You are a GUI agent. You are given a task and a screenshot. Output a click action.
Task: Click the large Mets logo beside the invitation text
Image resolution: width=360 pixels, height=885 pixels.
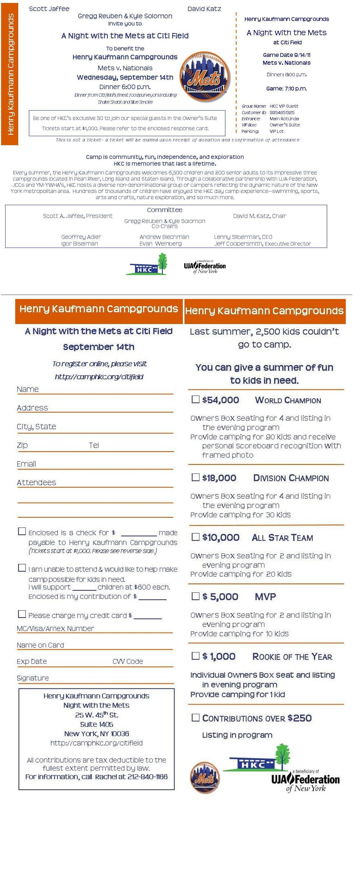click(205, 77)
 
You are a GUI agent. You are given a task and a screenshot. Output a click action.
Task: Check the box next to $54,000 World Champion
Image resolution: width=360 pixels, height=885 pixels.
click(196, 399)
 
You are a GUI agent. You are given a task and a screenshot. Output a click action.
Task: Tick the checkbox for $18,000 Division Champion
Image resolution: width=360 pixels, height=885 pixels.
click(196, 477)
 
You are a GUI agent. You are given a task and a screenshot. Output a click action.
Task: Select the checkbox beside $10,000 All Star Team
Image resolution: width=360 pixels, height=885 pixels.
click(196, 537)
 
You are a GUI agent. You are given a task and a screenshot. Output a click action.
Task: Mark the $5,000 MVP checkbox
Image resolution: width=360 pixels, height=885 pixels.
click(196, 596)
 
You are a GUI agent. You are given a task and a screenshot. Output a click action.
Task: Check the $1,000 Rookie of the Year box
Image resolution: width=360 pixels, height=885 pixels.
click(196, 656)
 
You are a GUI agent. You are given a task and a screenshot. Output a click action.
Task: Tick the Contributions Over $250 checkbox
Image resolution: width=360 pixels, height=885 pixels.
click(196, 717)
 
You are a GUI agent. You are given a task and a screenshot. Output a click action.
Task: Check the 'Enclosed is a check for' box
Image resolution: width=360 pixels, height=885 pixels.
click(22, 532)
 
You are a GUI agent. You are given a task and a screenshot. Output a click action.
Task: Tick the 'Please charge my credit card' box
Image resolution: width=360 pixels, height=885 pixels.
click(22, 614)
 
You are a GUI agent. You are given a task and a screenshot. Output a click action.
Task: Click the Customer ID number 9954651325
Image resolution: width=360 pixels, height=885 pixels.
click(282, 112)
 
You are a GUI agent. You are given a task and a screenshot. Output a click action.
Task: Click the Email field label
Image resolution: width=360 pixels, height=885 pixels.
click(27, 464)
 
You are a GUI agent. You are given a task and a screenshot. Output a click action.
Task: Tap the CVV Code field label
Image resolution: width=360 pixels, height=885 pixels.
click(127, 661)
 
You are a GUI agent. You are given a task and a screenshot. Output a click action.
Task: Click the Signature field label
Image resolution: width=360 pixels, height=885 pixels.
click(33, 678)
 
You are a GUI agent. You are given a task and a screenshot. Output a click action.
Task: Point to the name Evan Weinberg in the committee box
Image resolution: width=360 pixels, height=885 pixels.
click(160, 244)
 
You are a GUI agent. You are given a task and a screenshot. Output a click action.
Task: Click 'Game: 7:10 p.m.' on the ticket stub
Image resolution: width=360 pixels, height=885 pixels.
click(286, 89)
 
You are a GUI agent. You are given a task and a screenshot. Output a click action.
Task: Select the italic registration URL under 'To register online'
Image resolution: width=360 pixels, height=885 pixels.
click(99, 377)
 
